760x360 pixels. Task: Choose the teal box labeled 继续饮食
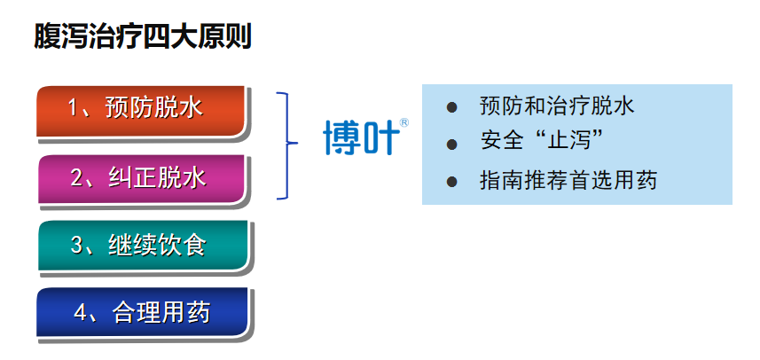coord(143,245)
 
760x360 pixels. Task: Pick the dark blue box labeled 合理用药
coord(143,312)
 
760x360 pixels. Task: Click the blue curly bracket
coord(288,145)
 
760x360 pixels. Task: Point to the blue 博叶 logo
coord(365,137)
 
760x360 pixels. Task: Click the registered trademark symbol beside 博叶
coord(404,122)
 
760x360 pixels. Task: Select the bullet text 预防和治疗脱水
coord(557,106)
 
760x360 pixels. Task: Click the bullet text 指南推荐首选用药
coord(568,180)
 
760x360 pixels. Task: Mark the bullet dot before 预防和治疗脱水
coord(451,107)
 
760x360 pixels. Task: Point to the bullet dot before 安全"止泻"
coord(451,144)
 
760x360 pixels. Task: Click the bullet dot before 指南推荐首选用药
coord(451,181)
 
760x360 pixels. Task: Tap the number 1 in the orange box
coord(74,108)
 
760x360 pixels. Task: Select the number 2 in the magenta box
coord(77,178)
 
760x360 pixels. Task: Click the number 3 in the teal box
coord(77,245)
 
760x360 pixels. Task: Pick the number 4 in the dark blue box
coord(81,312)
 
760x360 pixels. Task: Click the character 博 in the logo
coord(341,137)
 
